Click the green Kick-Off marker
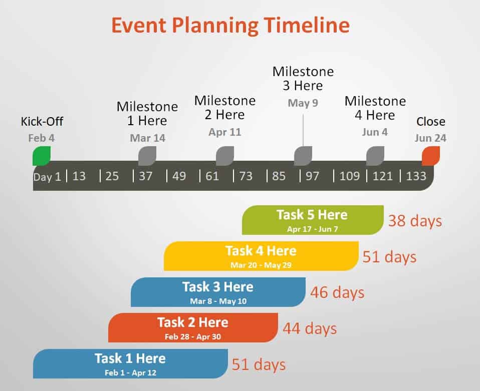point(42,156)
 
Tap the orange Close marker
point(431,156)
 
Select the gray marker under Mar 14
point(147,156)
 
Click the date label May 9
point(303,103)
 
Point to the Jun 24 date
point(430,138)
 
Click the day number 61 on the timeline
point(212,176)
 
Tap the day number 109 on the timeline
point(350,176)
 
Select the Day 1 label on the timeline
point(47,177)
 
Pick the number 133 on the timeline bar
point(416,176)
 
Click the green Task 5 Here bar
point(313,220)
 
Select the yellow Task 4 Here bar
point(261,256)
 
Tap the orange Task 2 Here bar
point(193,327)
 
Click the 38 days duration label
point(415,221)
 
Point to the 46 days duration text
point(337,292)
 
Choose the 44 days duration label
point(310,328)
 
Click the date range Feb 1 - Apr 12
point(130,372)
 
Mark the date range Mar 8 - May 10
point(218,301)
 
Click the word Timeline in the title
point(307,25)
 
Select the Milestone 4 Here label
point(375,108)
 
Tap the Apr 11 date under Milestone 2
point(225,132)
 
